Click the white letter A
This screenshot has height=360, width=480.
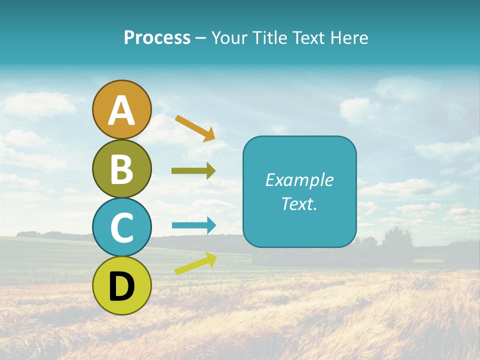coord(121,110)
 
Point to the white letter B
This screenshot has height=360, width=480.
coord(121,169)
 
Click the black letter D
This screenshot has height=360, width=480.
coord(121,286)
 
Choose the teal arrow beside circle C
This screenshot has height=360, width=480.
coord(193,225)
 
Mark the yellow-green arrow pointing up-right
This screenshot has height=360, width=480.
coord(195,263)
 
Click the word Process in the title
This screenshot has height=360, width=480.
coord(157,38)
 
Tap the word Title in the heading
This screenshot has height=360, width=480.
coord(269,38)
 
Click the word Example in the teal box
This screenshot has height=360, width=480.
coord(299,180)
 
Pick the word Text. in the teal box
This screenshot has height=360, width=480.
coord(299,203)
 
